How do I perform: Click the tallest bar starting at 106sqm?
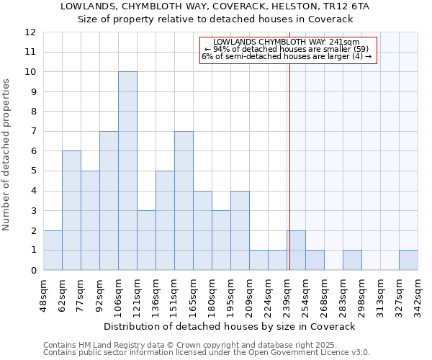coord(127,171)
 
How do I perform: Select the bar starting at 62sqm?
coord(71,210)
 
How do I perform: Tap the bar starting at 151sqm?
coord(184,201)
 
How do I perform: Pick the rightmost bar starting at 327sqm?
coord(408,260)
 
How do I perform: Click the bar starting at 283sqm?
coord(352,260)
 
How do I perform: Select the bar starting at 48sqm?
coord(53,250)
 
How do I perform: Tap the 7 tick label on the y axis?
coord(32,132)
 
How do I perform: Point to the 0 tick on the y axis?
coord(32,271)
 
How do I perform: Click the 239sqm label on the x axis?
coord(287,294)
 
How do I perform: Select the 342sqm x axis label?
coord(418,294)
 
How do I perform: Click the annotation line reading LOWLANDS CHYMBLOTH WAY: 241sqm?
coord(287,42)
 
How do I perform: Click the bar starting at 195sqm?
coord(240,230)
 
